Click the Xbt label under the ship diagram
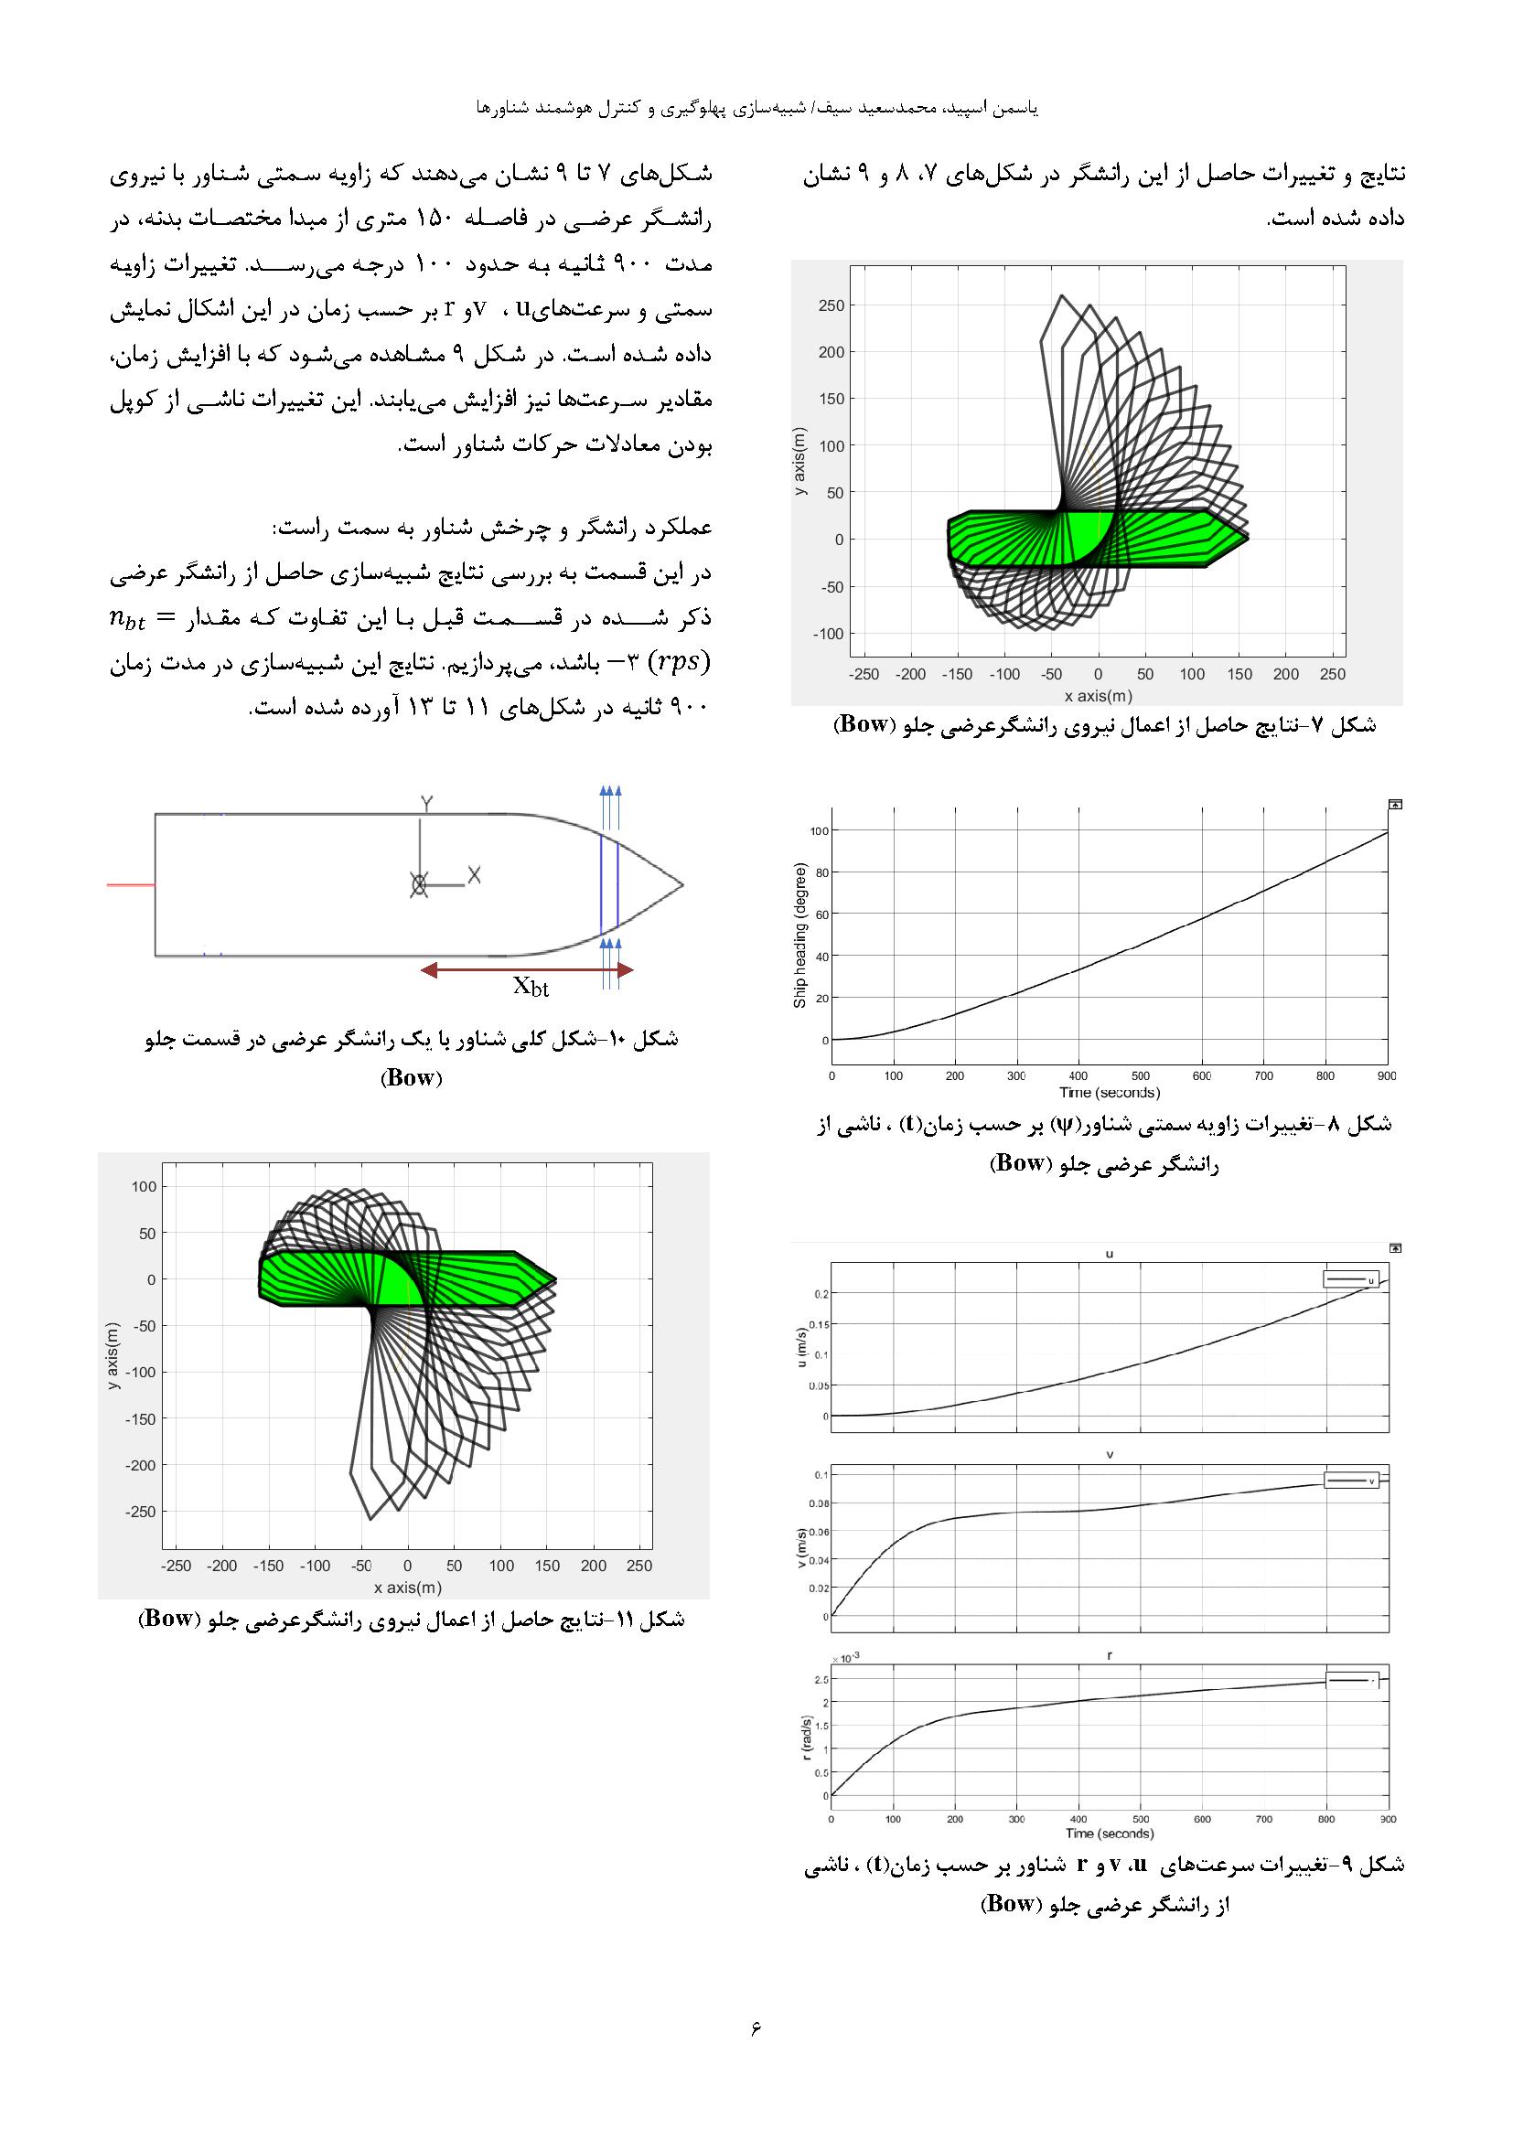point(531,988)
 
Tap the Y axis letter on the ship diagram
point(425,803)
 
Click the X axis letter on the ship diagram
point(474,875)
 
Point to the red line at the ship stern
point(131,884)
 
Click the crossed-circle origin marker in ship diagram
point(418,885)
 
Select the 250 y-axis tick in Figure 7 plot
point(832,305)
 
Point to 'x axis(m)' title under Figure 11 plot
point(407,1588)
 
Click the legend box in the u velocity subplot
point(1350,1280)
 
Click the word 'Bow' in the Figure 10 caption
point(411,1078)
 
